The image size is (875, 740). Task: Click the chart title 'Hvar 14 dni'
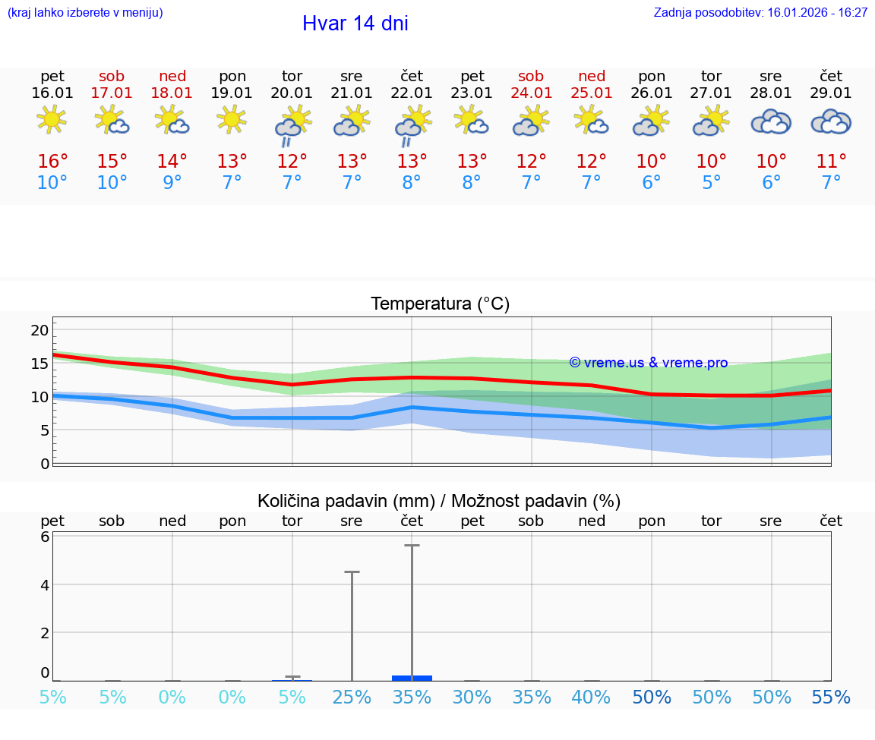point(355,24)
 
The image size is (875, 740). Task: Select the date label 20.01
point(292,93)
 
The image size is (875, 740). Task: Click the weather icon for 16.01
point(52,121)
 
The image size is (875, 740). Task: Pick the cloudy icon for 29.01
point(831,121)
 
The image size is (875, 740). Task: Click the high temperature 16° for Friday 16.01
point(52,162)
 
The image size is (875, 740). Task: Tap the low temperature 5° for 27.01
point(711,183)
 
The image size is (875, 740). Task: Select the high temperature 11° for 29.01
point(831,162)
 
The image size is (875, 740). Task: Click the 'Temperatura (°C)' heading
point(440,304)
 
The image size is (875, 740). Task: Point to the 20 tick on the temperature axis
point(39,330)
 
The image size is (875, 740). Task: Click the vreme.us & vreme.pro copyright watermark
point(649,363)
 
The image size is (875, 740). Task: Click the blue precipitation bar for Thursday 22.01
point(412,678)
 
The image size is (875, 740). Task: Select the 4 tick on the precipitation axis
point(44,584)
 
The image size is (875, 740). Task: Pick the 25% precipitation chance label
point(352,697)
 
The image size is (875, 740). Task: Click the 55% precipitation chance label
point(831,697)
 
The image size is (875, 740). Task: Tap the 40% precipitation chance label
point(591,697)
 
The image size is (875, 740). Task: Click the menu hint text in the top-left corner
point(85,13)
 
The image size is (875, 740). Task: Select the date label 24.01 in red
point(531,93)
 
